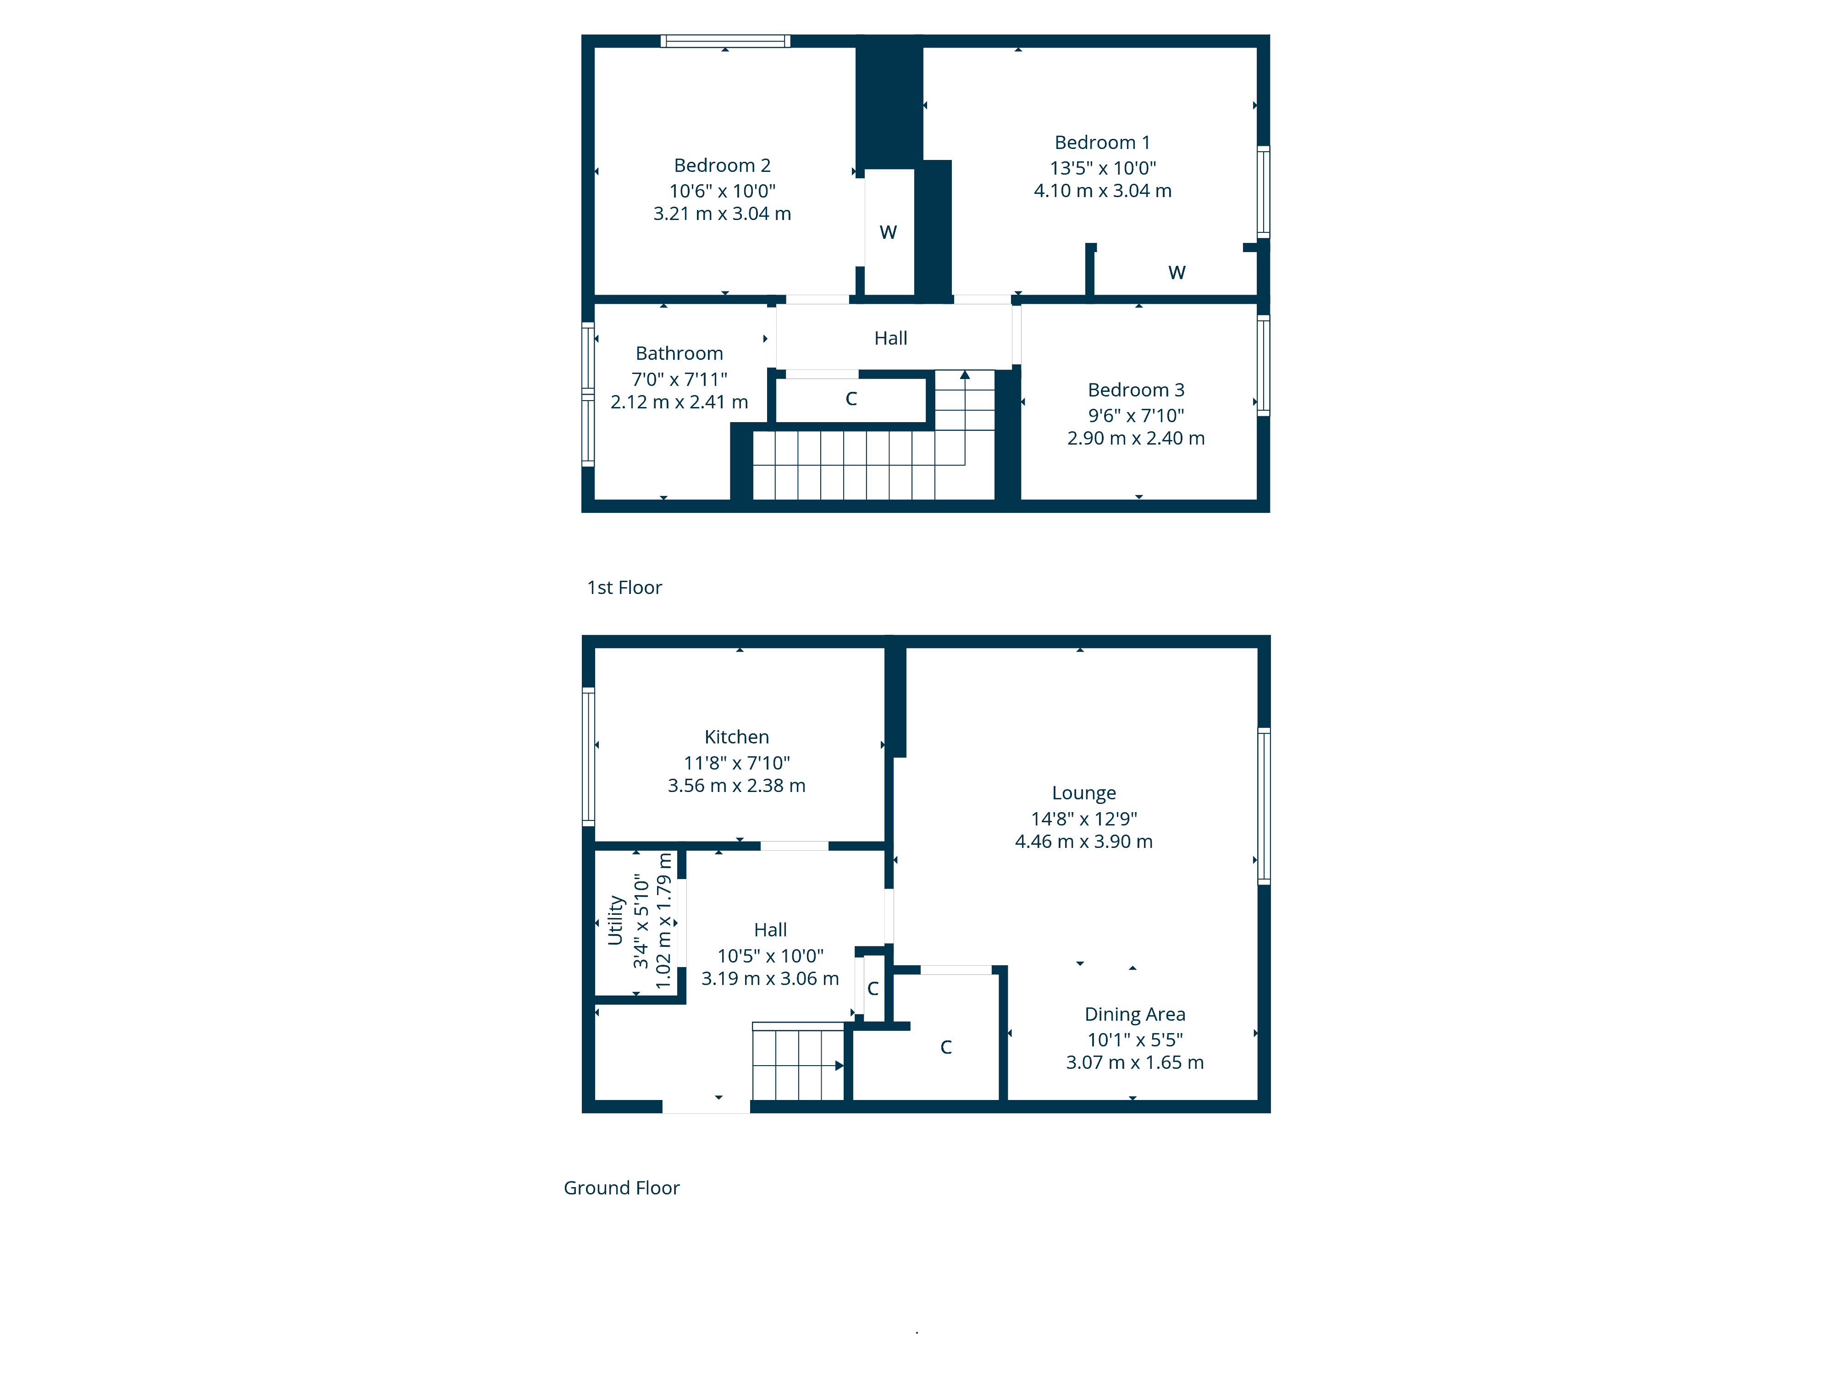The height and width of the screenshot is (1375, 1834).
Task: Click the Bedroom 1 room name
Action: pos(1102,143)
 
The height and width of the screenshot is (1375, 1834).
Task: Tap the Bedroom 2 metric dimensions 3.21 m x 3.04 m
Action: pos(722,214)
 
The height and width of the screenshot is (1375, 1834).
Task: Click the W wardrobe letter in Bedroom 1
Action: pos(1177,273)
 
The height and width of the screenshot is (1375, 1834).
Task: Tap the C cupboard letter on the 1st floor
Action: pos(851,399)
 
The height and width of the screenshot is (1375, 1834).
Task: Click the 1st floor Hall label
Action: pos(890,338)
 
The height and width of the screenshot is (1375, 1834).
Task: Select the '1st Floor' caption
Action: pos(624,588)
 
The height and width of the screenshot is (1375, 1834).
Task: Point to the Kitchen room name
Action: pos(736,737)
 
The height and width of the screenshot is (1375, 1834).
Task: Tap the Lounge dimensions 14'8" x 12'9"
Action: pos(1083,819)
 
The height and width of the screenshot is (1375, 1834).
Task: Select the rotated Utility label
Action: pos(614,920)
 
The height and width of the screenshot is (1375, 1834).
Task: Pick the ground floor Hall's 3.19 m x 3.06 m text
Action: pos(770,979)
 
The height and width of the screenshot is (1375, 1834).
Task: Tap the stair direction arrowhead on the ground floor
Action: pos(839,1066)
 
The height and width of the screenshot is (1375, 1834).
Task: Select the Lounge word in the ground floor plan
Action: pos(1083,793)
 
